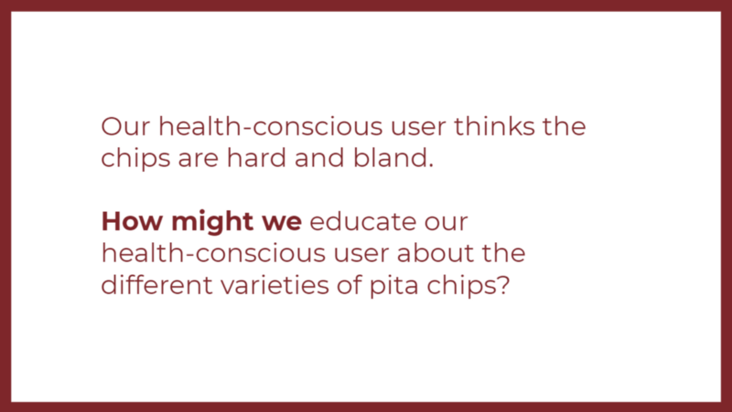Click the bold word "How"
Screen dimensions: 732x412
pyautogui.click(x=132, y=221)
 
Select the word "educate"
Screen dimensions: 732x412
pyautogui.click(x=362, y=221)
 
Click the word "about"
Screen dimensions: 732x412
pyautogui.click(x=436, y=253)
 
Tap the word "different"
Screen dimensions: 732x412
pyautogui.click(x=156, y=284)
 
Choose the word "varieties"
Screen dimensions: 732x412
pyautogui.click(x=275, y=284)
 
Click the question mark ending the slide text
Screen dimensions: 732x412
pyautogui.click(x=503, y=285)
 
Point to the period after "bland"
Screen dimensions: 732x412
pyautogui.click(x=430, y=166)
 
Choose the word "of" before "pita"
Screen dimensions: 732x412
pyautogui.click(x=350, y=284)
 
